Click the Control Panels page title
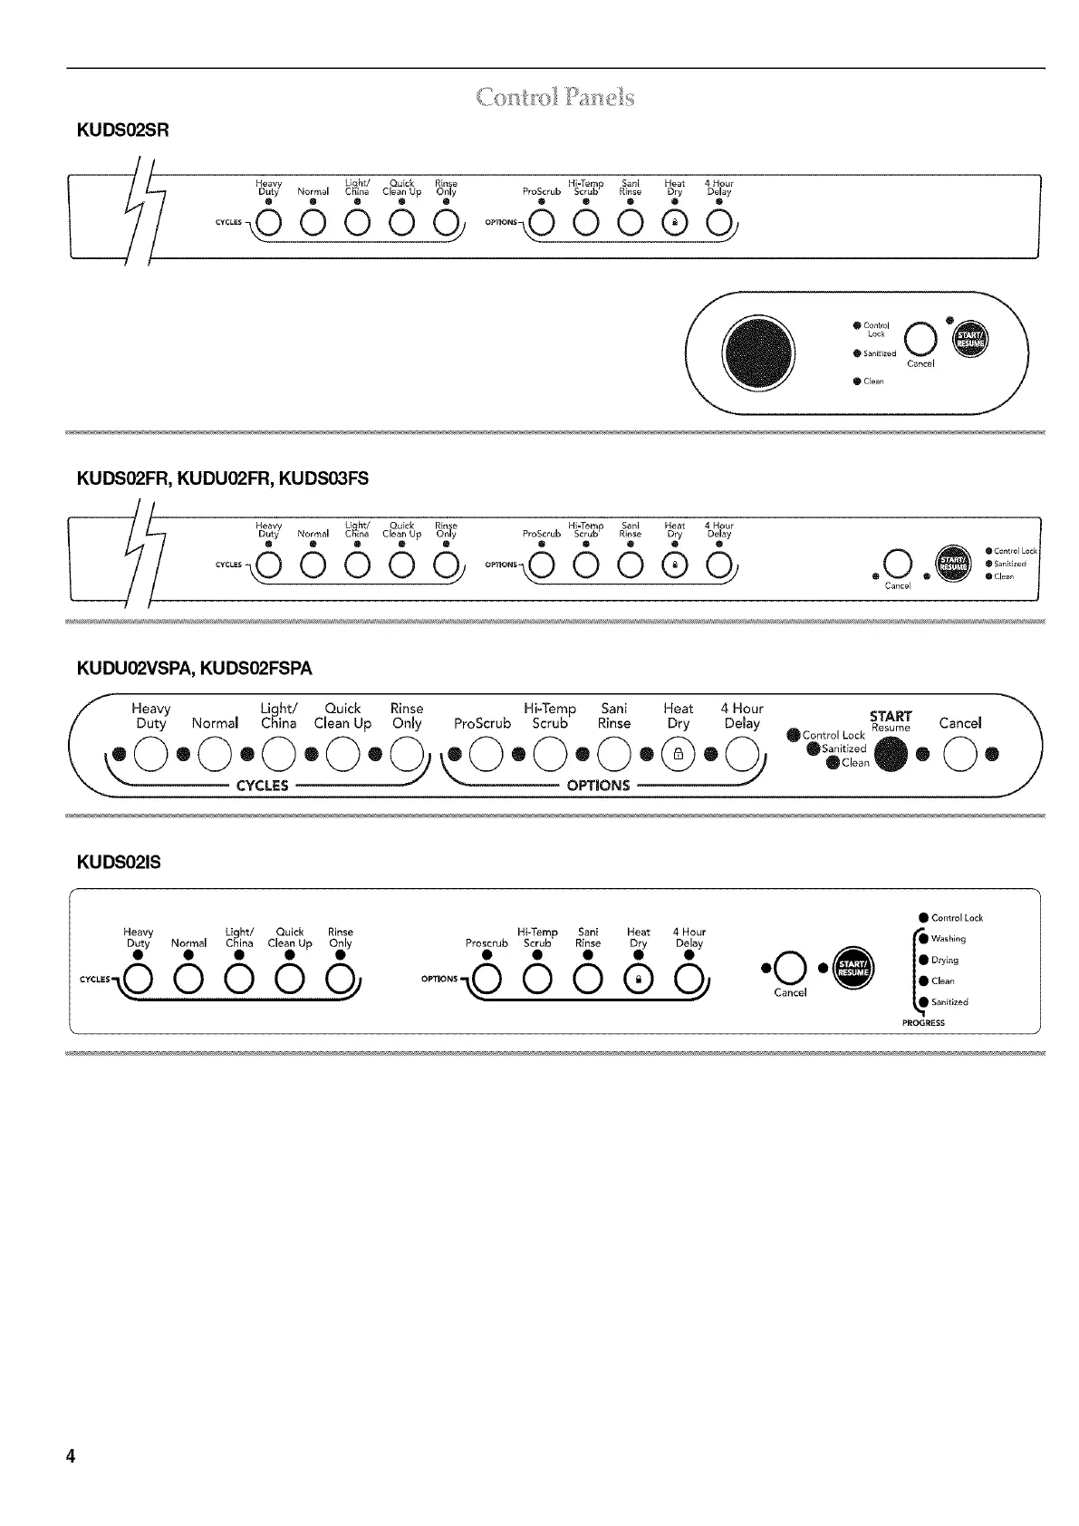[555, 97]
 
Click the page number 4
[70, 1457]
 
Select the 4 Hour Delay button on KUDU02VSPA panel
[742, 753]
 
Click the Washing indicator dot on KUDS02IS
[923, 939]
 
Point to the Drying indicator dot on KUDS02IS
[923, 960]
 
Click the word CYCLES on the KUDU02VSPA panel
[262, 785]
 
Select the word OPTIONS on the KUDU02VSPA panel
[597, 785]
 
